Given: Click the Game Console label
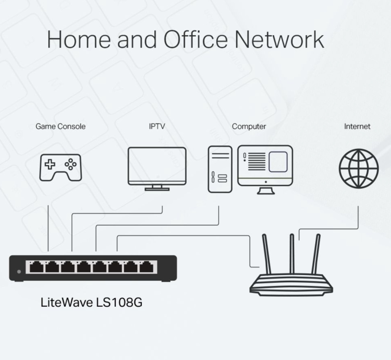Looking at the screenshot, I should point(61,127).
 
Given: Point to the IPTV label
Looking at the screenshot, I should point(157,127).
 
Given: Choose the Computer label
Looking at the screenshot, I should point(249,127).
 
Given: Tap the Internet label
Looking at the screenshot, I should point(357,127).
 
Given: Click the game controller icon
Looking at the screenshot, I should point(61,168).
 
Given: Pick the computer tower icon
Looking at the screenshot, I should point(219,169).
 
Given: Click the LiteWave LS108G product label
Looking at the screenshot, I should point(92,303).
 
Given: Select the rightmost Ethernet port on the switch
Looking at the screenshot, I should point(146,267).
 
